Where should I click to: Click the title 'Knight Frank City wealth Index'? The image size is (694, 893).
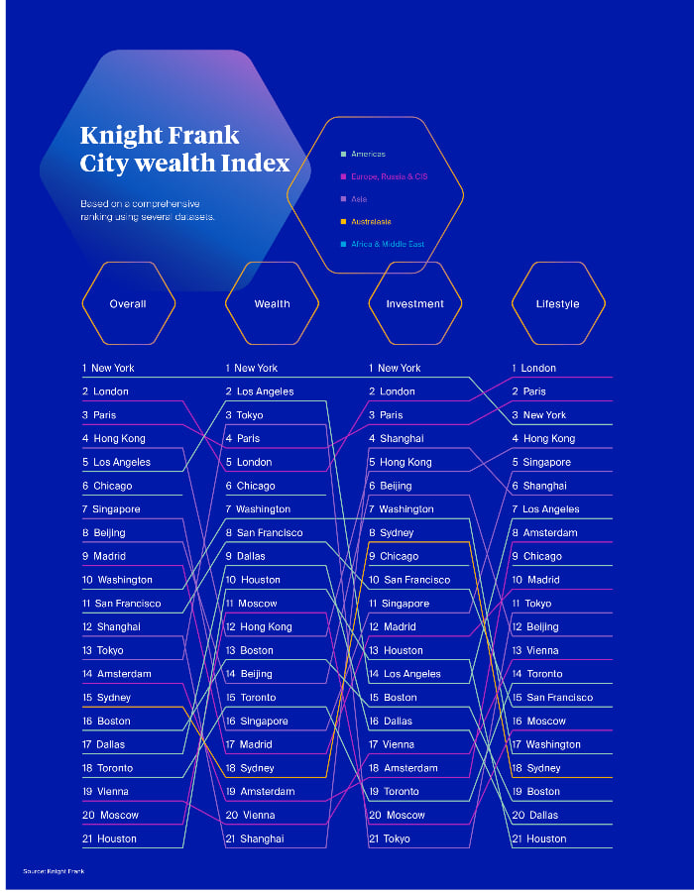pos(184,149)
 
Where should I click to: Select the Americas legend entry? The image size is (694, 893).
pos(368,155)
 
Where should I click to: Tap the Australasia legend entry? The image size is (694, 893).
pos(371,222)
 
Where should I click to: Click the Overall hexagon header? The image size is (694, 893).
pos(128,304)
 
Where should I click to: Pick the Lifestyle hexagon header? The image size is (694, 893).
pos(557,304)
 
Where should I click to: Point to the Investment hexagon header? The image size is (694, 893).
pos(414,304)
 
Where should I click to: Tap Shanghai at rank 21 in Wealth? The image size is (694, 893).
pos(261,838)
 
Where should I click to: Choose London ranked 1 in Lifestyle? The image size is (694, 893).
pos(538,368)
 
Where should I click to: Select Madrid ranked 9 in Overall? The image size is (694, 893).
pos(110,556)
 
